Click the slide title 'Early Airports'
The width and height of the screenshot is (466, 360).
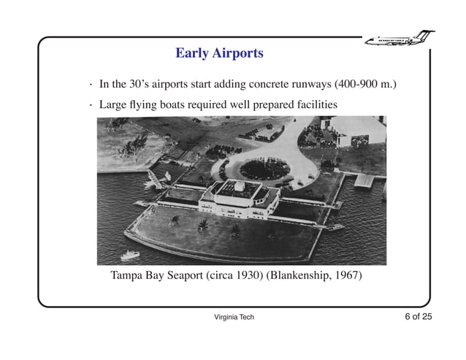click(x=219, y=53)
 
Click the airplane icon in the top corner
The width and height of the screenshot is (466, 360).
click(x=398, y=38)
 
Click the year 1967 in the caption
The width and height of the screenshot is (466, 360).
click(x=347, y=276)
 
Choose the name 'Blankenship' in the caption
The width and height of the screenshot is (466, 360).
click(x=298, y=276)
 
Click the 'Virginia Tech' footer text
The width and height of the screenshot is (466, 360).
click(x=234, y=317)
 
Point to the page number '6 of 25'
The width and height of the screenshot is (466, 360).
click(x=419, y=316)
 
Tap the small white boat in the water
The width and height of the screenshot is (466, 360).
click(x=130, y=255)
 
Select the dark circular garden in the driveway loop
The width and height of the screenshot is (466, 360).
click(x=264, y=169)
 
